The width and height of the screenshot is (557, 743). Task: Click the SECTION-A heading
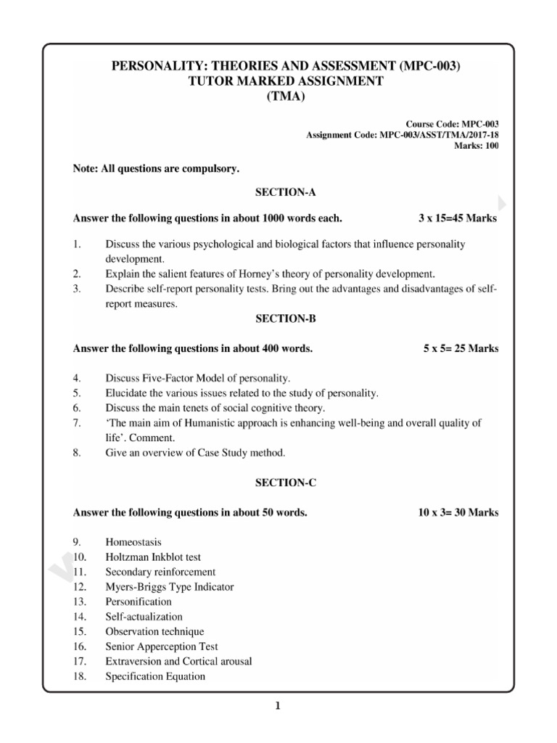click(x=285, y=193)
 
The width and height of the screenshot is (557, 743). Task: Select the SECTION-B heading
click(x=285, y=319)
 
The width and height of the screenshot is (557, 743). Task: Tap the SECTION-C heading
click(x=285, y=482)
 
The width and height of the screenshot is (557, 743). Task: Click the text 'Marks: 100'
click(x=476, y=146)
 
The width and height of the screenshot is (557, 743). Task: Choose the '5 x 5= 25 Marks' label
click(x=461, y=349)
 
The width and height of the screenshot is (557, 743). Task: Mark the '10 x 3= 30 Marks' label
click(x=458, y=512)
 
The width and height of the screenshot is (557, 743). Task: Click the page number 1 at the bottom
click(x=278, y=706)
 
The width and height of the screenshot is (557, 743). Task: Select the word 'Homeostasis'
click(x=134, y=542)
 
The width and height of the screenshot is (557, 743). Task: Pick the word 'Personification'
click(x=139, y=602)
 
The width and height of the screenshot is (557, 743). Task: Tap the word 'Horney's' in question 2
click(x=254, y=274)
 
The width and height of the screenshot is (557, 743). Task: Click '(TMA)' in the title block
click(x=285, y=96)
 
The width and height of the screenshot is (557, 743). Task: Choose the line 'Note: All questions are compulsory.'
click(x=156, y=168)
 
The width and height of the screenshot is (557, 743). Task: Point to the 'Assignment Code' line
click(x=403, y=135)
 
